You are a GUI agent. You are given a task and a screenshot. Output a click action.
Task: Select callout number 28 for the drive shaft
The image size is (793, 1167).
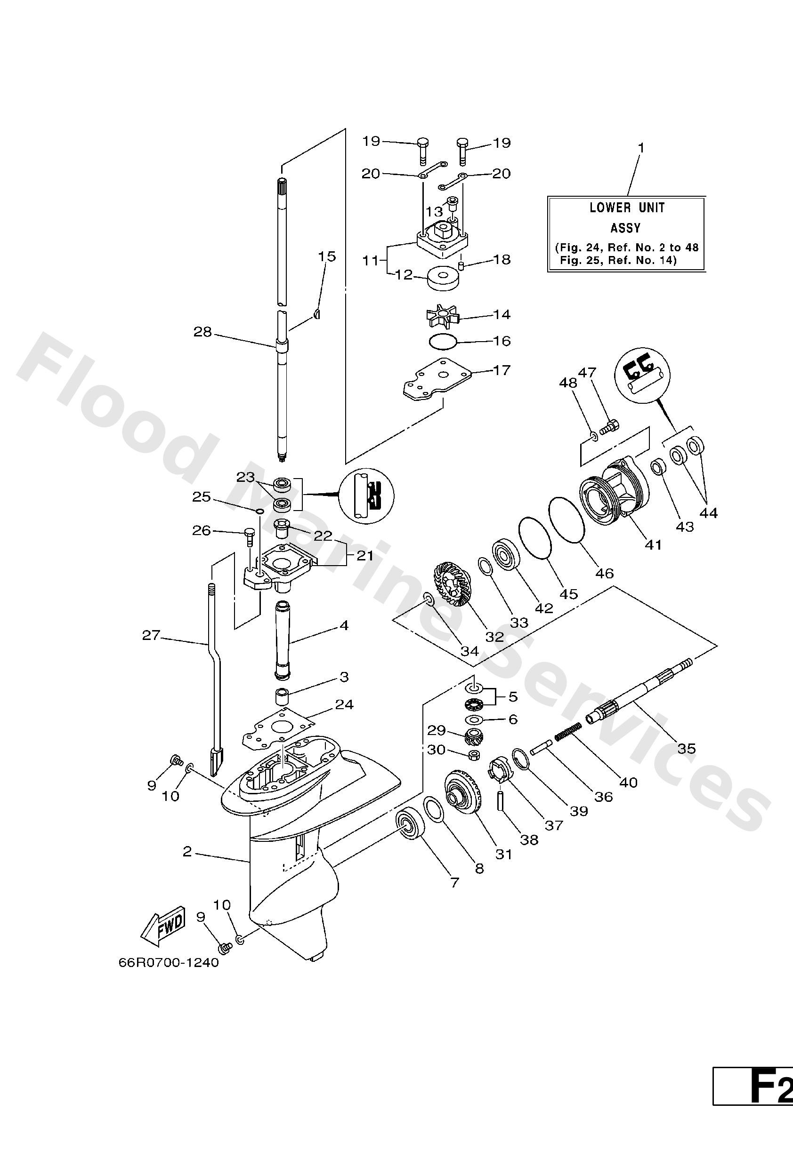point(202,332)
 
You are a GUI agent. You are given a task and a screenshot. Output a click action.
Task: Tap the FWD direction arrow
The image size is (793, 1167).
point(163,926)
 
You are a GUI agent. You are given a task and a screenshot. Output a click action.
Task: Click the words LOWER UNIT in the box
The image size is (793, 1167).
point(627,208)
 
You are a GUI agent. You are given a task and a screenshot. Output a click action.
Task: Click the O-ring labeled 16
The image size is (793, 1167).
point(443,341)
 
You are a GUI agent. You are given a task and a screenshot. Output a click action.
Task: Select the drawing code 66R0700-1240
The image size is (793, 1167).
point(169,963)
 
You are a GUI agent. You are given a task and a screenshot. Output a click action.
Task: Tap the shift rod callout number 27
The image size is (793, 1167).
point(151,635)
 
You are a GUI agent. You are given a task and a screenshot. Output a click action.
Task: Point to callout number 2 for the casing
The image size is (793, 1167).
point(187,851)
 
